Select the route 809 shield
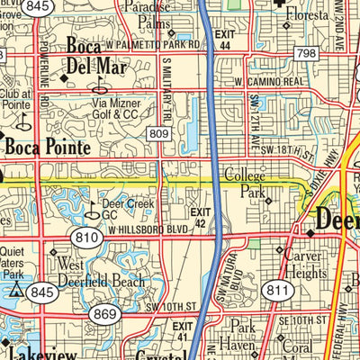coord(159,134)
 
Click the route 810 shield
coord(87,238)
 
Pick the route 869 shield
coord(104,313)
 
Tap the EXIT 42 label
coord(199,217)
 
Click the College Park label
coord(245,183)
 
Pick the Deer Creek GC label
coord(121,210)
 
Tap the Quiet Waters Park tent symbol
coord(16,290)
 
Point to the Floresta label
coord(310,15)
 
